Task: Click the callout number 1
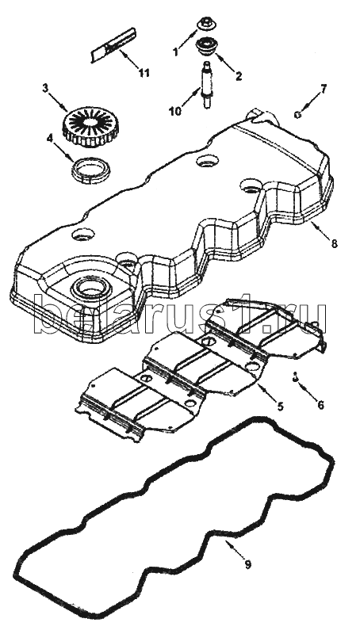[x=175, y=52]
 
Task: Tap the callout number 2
[x=239, y=75]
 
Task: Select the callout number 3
[x=45, y=88]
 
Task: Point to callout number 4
[x=49, y=138]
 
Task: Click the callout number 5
[x=281, y=405]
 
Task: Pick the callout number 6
[x=320, y=405]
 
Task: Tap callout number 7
[x=324, y=89]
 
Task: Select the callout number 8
[x=334, y=244]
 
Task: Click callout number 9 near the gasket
[x=247, y=564]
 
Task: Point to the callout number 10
[x=175, y=111]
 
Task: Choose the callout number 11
[x=144, y=73]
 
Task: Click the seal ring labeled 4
[x=91, y=171]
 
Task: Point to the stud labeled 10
[x=206, y=85]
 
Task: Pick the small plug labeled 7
[x=297, y=114]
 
